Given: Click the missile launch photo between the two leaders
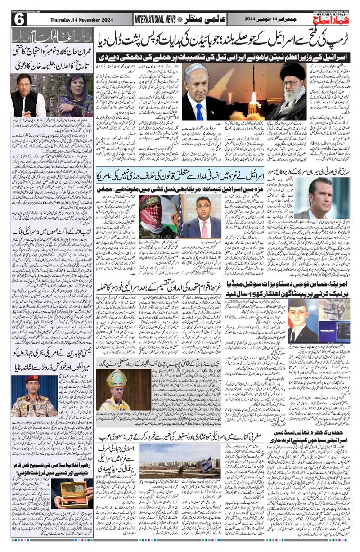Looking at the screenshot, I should (x=244, y=90).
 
